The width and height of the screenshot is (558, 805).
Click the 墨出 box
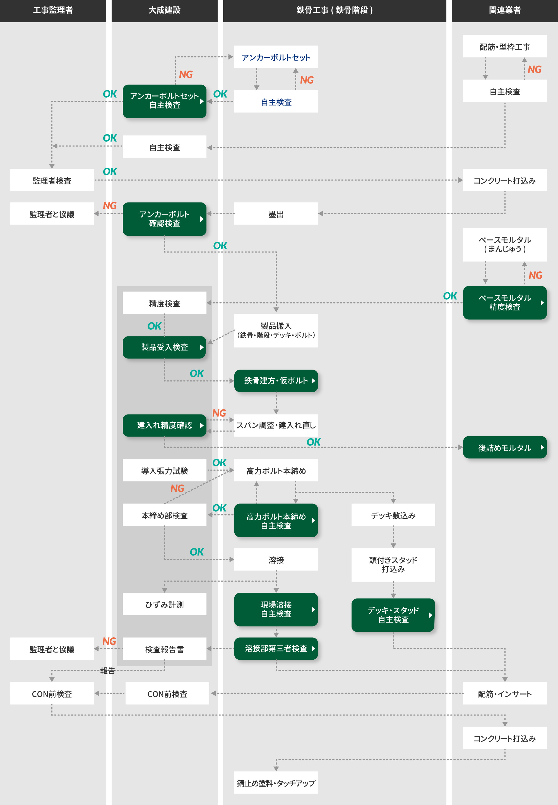point(276,214)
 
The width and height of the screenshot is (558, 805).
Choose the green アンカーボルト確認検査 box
point(164,219)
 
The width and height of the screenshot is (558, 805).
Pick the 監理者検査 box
point(52,180)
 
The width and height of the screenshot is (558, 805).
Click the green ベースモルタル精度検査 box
point(504,303)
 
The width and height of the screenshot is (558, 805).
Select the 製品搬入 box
point(276,330)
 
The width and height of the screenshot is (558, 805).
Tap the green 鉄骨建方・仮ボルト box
point(276,381)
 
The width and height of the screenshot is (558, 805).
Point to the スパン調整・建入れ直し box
point(276,425)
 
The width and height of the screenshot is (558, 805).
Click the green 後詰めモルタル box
point(504,447)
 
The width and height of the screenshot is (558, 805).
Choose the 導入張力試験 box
point(164,471)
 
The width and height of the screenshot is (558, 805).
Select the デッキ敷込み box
point(393,515)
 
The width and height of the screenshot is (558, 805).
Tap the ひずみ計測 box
point(164,604)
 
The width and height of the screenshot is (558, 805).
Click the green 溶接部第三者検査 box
point(276,649)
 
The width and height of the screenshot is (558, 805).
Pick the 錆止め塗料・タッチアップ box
point(276,783)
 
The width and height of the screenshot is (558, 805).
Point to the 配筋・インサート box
point(504,693)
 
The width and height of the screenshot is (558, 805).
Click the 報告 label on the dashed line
point(107,671)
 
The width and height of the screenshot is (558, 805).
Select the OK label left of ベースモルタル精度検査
point(450,296)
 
